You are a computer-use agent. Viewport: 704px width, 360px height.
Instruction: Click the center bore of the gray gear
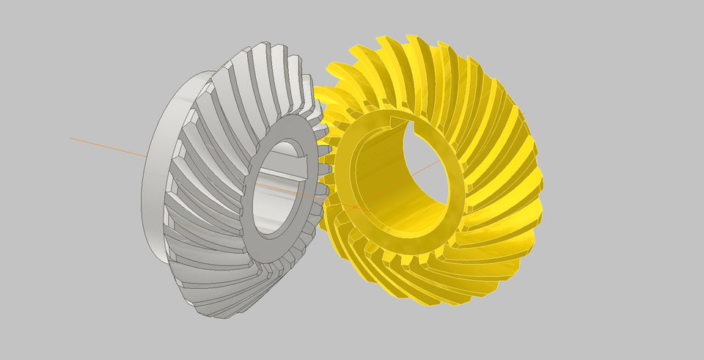(x=279, y=194)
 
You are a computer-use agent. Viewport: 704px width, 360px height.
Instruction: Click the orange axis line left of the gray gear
(x=110, y=146)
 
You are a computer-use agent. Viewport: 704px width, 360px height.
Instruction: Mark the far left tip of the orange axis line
(x=70, y=137)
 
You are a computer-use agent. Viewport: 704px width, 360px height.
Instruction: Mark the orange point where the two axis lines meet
(x=355, y=207)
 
